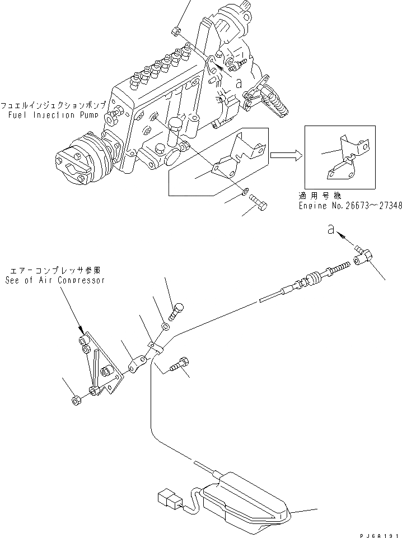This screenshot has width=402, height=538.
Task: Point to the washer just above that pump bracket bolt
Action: pos(245,192)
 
